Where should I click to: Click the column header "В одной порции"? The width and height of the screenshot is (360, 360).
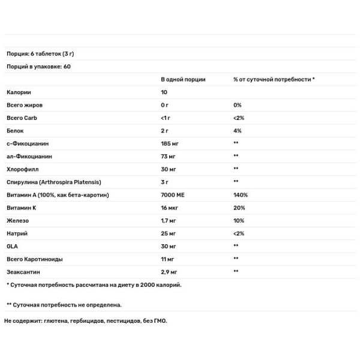pyautogui.click(x=183, y=79)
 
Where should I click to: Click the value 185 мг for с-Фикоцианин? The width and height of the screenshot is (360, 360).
pyautogui.click(x=170, y=143)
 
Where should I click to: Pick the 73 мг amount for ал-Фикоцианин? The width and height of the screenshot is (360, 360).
pyautogui.click(x=169, y=156)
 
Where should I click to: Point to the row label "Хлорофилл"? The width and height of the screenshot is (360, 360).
pyautogui.click(x=23, y=169)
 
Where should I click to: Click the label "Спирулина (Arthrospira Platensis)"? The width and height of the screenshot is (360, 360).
pyautogui.click(x=52, y=182)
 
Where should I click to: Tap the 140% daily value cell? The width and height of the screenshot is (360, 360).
pyautogui.click(x=241, y=195)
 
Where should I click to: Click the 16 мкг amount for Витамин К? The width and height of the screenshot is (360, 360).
pyautogui.click(x=170, y=208)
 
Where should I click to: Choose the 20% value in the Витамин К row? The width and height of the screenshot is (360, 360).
pyautogui.click(x=239, y=208)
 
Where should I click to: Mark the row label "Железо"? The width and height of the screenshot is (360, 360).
pyautogui.click(x=19, y=220)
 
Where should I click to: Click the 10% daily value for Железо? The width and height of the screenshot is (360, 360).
pyautogui.click(x=239, y=220)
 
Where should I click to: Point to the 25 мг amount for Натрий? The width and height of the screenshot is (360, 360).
pyautogui.click(x=169, y=233)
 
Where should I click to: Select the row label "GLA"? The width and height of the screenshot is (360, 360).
pyautogui.click(x=12, y=246)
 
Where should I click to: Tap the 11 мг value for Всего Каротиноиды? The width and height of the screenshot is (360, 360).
pyautogui.click(x=167, y=259)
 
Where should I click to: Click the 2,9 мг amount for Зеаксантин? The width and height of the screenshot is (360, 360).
pyautogui.click(x=170, y=271)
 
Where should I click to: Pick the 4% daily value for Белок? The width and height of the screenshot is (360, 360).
pyautogui.click(x=237, y=131)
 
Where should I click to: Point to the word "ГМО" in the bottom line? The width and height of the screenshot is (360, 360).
pyautogui.click(x=160, y=321)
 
